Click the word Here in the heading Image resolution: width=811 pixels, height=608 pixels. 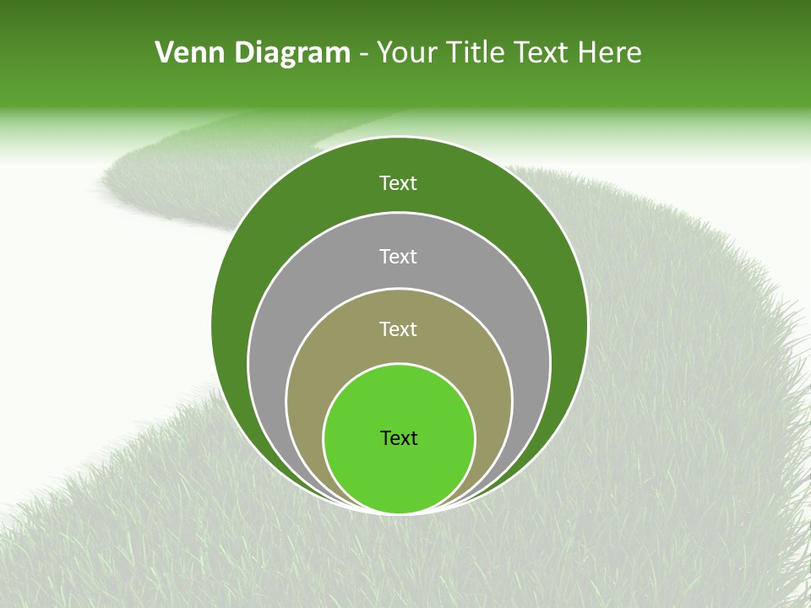609,53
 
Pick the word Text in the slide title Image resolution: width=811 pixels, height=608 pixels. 542,53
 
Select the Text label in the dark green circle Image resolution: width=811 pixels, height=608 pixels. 399,183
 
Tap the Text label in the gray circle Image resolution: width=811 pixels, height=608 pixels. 399,256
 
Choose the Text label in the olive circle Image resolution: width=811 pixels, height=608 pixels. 399,329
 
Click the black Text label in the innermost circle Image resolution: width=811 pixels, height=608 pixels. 399,438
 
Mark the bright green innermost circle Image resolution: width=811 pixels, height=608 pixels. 399,473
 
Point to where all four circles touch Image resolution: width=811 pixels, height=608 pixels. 399,513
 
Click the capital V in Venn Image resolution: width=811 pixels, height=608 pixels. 165,53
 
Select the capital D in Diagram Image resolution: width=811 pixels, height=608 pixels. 246,53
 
